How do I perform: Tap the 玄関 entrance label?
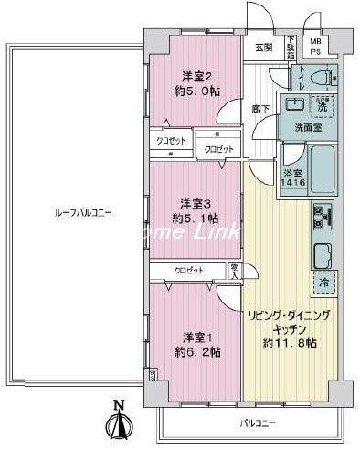pyautogui.click(x=263, y=48)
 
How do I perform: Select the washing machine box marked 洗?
pyautogui.click(x=322, y=106)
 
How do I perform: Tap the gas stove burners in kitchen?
pyautogui.click(x=322, y=218)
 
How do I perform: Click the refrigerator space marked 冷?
pyautogui.click(x=323, y=283)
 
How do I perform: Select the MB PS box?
pyautogui.click(x=316, y=48)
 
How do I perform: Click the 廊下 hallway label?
pyautogui.click(x=260, y=108)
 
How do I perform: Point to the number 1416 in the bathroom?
pyautogui.click(x=268, y=182)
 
